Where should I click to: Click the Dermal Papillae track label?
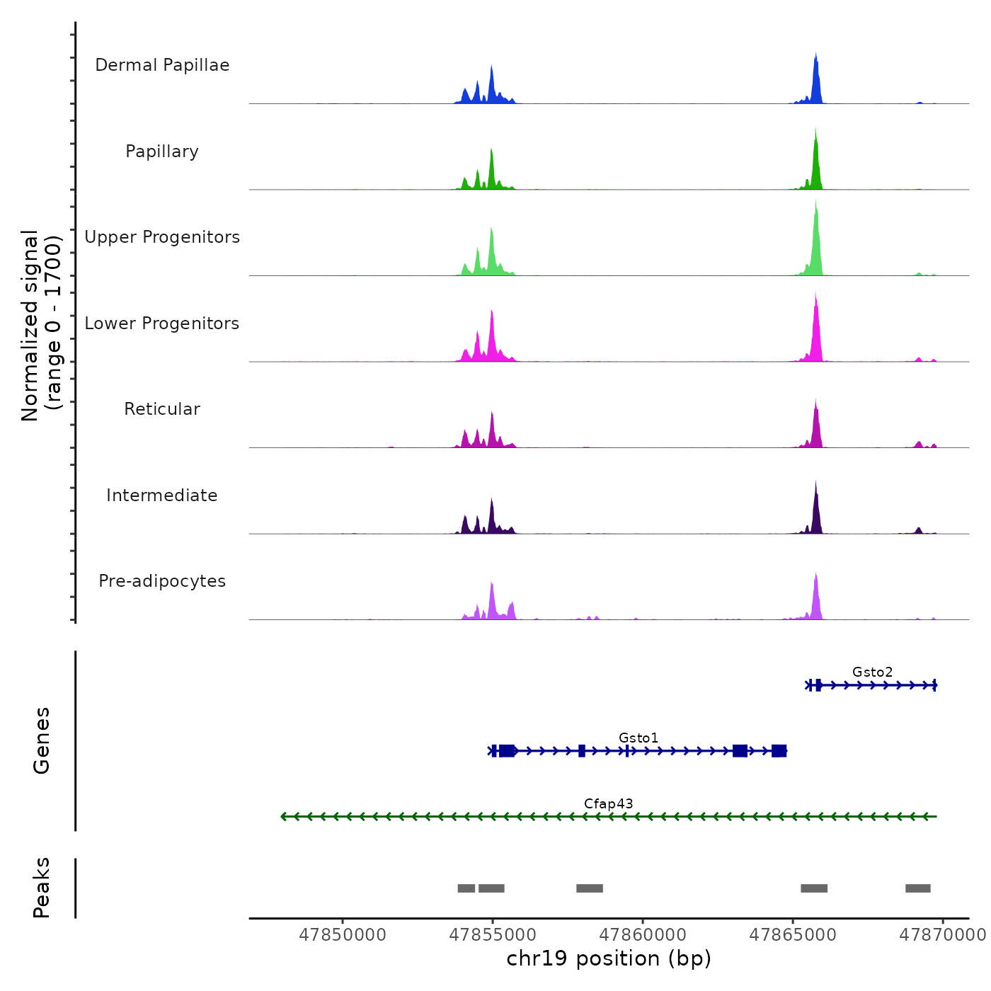click(x=162, y=65)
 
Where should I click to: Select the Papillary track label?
click(x=162, y=151)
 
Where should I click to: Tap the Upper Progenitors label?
click(x=162, y=237)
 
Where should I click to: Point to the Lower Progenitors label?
click(x=162, y=323)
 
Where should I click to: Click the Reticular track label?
click(x=162, y=409)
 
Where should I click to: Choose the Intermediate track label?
click(x=162, y=495)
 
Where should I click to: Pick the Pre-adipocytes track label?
click(x=162, y=581)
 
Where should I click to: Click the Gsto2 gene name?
click(x=872, y=672)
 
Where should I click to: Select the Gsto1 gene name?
click(x=638, y=738)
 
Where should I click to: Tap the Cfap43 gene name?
click(x=608, y=803)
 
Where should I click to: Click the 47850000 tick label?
click(x=343, y=935)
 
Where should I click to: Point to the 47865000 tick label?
click(x=793, y=935)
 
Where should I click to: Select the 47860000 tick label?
click(x=643, y=935)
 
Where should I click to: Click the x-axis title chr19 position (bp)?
click(x=609, y=958)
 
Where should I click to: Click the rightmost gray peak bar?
click(x=917, y=888)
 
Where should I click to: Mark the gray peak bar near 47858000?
click(x=589, y=888)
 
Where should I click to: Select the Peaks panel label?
click(x=41, y=888)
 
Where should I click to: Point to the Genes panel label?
click(x=41, y=740)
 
